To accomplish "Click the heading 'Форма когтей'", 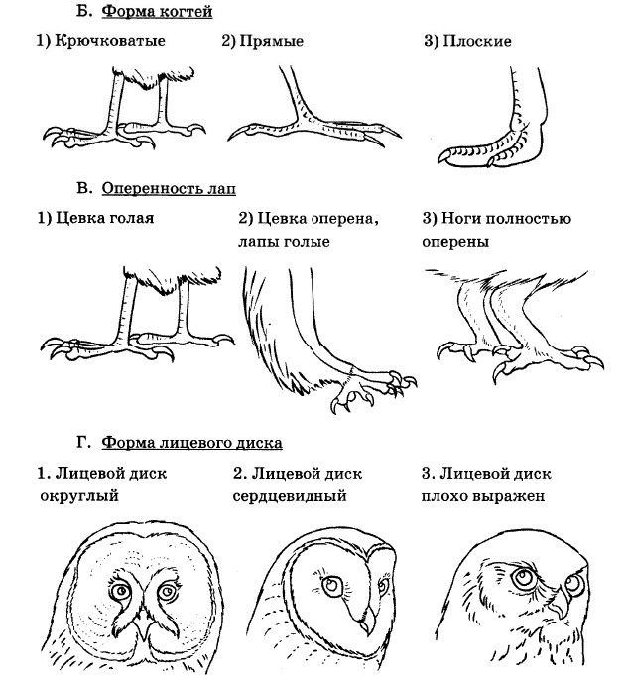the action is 157,11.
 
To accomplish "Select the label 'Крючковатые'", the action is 110,41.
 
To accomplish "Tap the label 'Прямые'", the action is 272,41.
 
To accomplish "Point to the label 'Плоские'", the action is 477,41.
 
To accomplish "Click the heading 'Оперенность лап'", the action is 169,188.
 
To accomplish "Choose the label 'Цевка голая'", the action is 104,218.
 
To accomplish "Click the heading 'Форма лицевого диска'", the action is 191,442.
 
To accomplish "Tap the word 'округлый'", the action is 79,496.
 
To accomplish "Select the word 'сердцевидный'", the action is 290,496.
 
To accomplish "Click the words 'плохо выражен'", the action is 483,496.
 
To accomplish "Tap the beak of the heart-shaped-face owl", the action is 366,621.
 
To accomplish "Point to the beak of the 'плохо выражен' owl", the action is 560,604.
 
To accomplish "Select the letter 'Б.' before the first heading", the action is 84,11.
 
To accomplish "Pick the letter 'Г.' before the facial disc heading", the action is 84,442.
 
